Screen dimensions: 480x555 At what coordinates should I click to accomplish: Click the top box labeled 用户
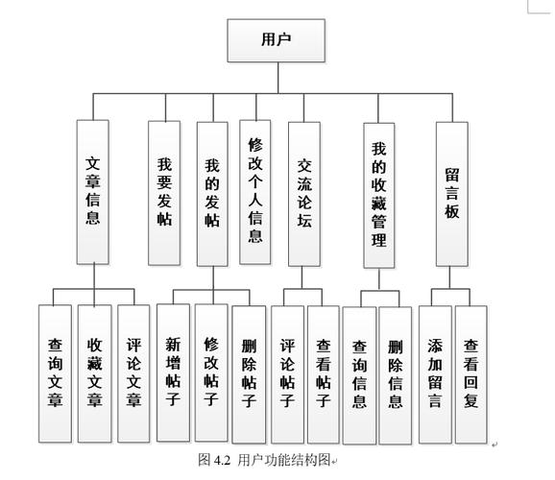pos(277,39)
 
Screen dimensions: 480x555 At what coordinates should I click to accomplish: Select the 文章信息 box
pos(94,192)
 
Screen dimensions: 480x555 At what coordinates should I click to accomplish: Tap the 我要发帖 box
pos(164,192)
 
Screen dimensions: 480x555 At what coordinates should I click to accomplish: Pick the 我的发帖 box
pos(212,192)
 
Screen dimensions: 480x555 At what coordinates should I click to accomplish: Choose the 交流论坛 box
pos(304,192)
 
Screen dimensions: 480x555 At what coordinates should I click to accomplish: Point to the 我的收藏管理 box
pos(379,194)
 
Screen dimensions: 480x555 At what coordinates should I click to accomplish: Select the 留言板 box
pos(451,192)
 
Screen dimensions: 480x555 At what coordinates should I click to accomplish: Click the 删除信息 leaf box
pos(395,374)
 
